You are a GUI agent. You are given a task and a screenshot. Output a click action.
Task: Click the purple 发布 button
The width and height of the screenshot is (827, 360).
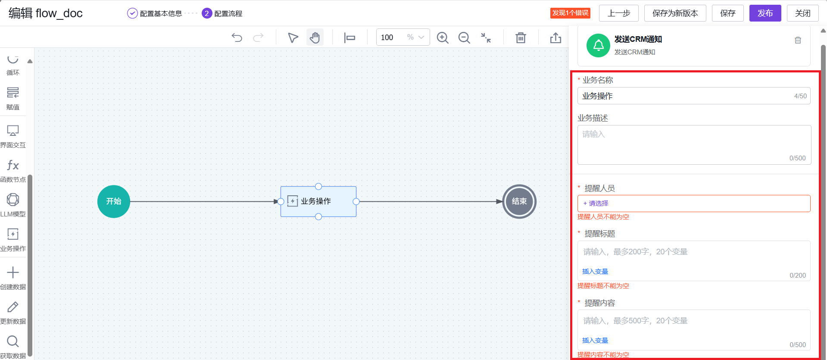coord(765,13)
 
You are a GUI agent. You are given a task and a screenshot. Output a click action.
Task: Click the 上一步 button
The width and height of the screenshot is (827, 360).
coord(618,13)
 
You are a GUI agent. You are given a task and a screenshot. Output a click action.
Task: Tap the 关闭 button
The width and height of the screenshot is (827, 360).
coord(802,13)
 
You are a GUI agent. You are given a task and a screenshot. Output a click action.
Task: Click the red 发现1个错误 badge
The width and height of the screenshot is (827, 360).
coord(570,13)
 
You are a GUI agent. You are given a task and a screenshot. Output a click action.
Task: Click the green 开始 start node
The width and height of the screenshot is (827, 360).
coord(114,201)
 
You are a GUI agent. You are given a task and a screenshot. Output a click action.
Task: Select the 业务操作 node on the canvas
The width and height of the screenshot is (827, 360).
coord(318,201)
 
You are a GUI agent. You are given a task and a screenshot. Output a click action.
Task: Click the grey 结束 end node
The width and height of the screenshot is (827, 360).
coord(519,201)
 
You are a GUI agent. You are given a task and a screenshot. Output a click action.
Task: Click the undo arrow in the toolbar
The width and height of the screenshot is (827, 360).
coord(237,38)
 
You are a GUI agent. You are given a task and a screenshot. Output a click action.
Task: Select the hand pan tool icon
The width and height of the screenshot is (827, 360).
coord(315,38)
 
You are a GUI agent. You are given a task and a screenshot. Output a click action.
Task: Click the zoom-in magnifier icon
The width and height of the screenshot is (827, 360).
coord(443,38)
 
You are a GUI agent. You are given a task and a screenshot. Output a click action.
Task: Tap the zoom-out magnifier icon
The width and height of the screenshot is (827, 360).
coord(464,38)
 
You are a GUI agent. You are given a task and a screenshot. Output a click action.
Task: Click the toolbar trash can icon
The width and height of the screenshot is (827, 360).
coord(521,38)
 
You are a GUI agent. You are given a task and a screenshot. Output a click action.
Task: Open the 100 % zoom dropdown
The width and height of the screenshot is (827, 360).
coord(403,38)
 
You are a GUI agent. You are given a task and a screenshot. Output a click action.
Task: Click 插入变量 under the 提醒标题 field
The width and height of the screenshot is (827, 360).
coord(595,272)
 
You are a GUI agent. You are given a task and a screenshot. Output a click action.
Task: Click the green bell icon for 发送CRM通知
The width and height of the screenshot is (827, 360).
coord(599,45)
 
